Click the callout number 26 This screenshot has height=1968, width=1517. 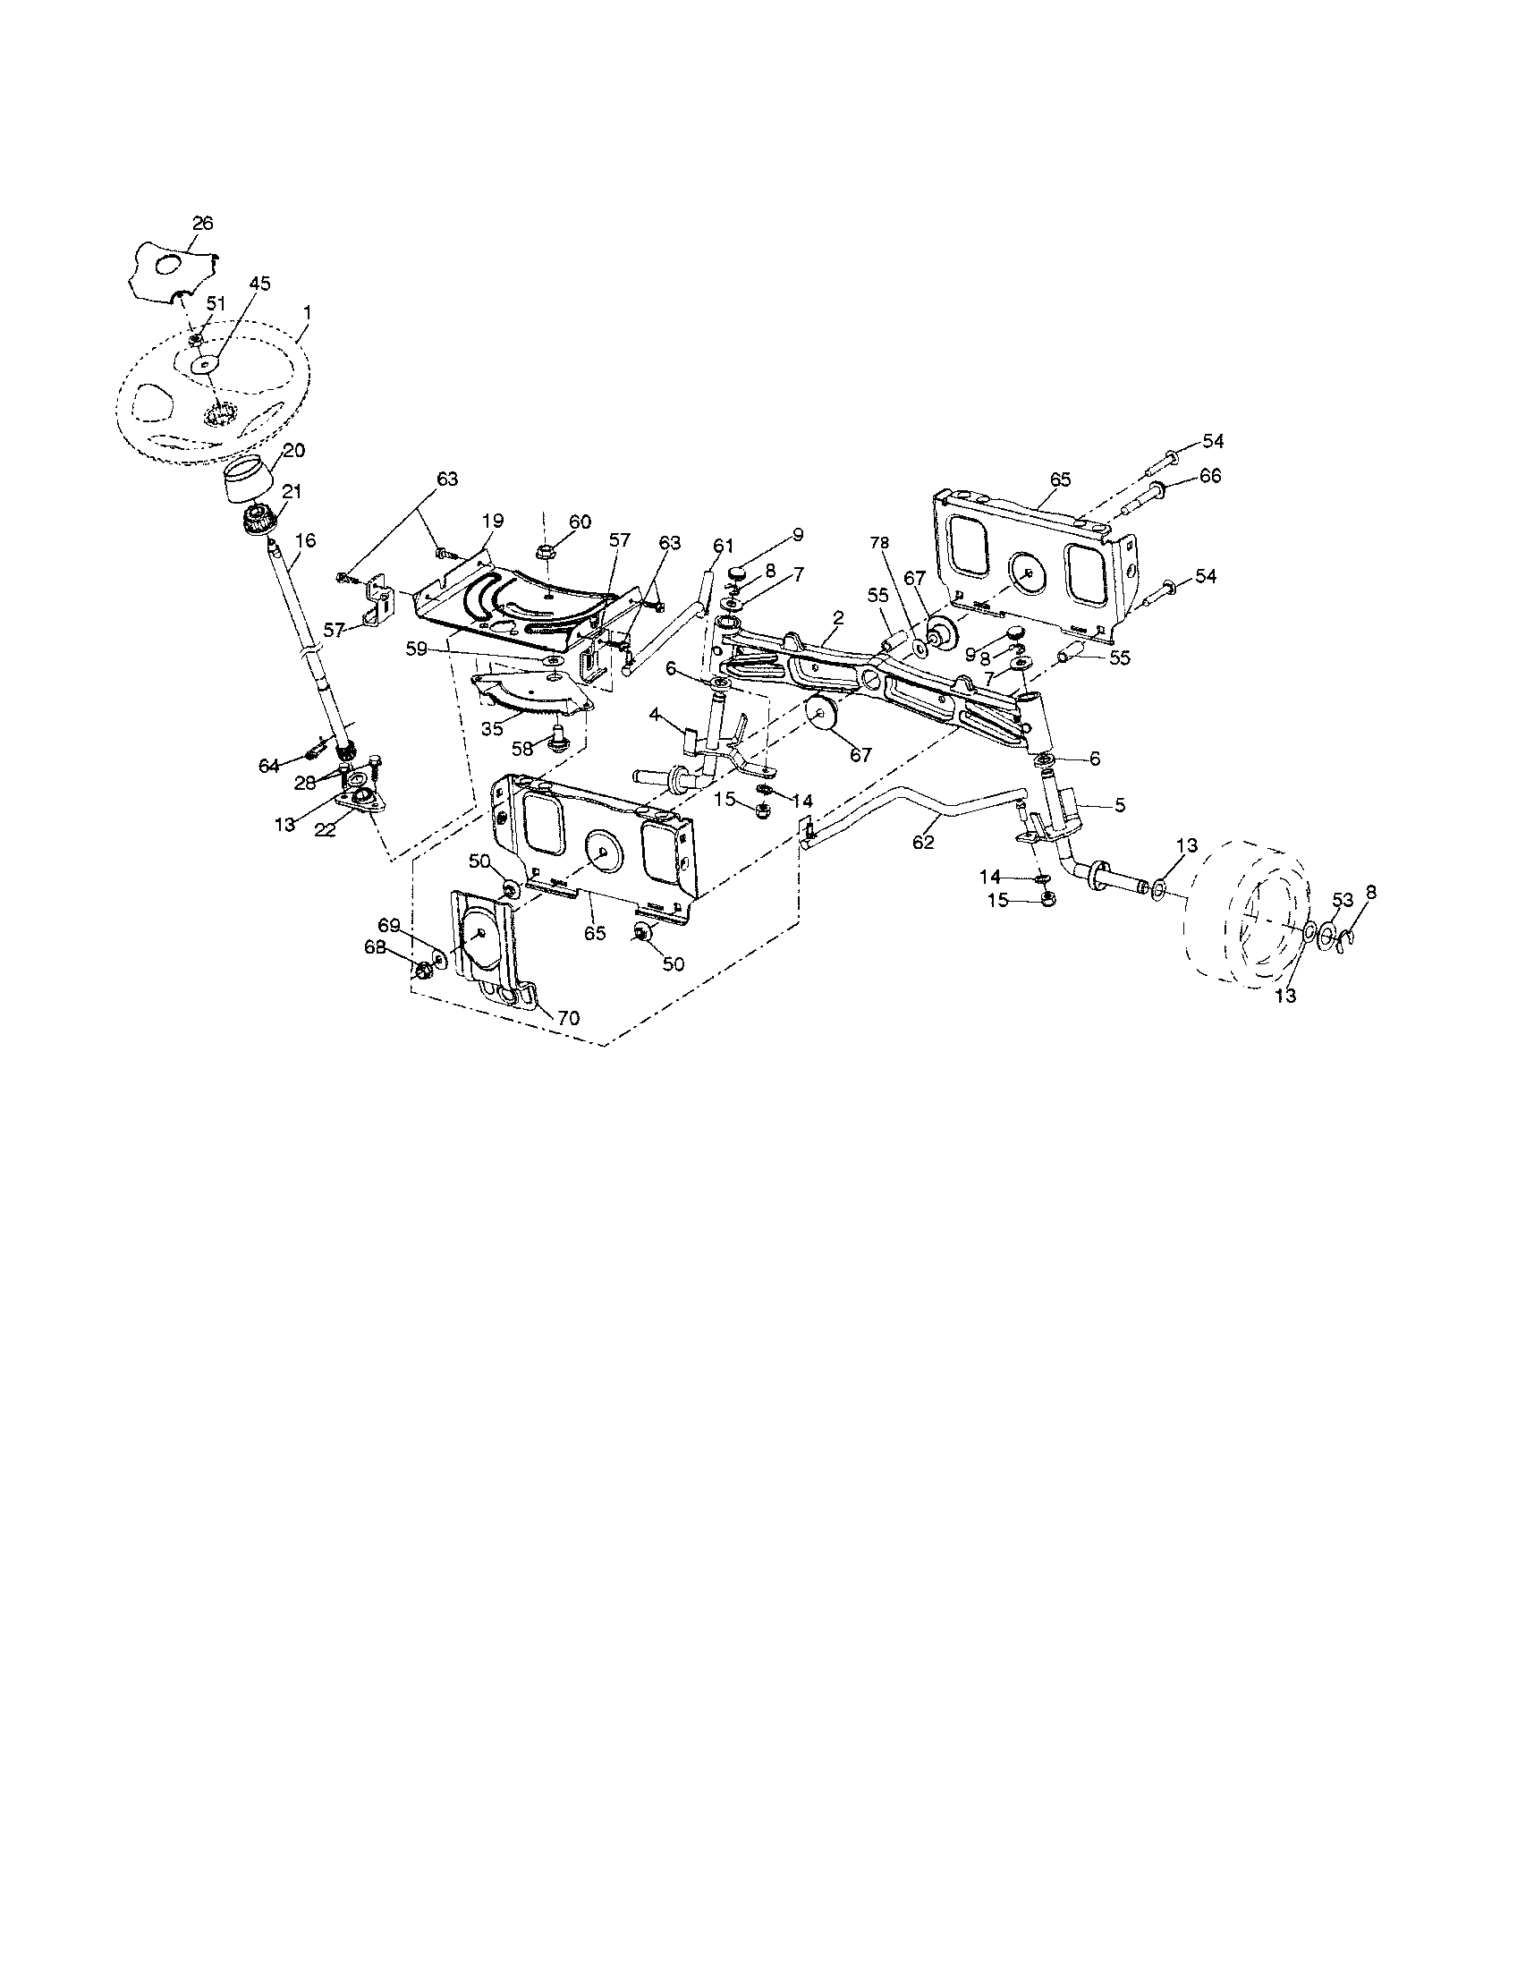click(x=203, y=224)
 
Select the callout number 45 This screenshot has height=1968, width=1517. click(x=259, y=283)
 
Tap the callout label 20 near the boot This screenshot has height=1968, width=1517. click(x=293, y=452)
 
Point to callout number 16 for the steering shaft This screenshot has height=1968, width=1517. click(x=305, y=540)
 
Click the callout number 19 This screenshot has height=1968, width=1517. click(x=492, y=521)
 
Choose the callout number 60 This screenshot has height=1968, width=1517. click(x=580, y=522)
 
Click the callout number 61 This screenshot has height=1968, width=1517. click(x=724, y=545)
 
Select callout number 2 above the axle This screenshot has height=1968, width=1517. click(x=838, y=618)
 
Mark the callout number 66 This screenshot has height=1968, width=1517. click(x=1210, y=476)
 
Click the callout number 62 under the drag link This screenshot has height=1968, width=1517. click(x=923, y=843)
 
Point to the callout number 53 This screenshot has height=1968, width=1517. click(x=1343, y=899)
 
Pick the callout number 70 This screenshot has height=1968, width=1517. click(x=568, y=1018)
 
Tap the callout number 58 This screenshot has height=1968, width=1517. click(x=522, y=747)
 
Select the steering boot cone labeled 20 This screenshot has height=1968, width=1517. click(x=248, y=482)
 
